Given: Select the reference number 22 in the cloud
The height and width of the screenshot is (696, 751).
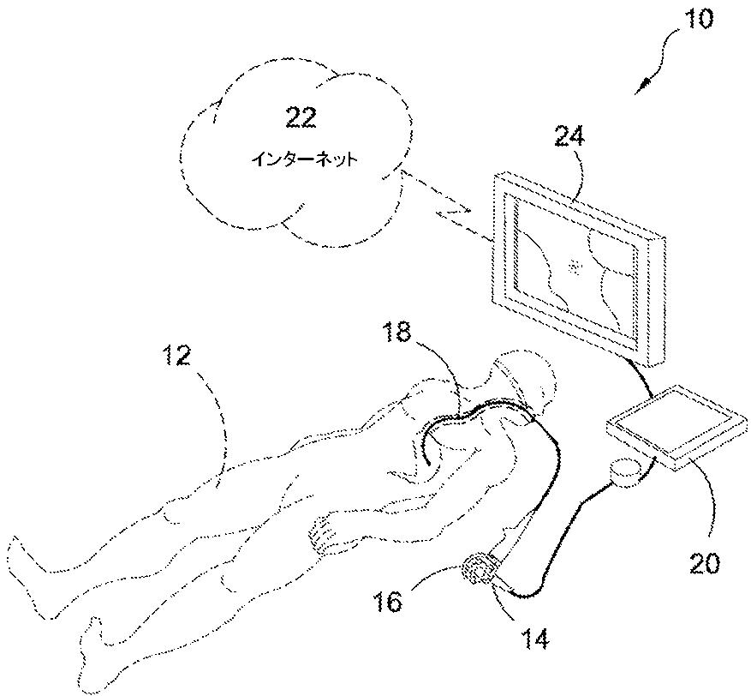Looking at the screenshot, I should pyautogui.click(x=301, y=119).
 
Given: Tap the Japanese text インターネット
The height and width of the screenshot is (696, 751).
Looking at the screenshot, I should pyautogui.click(x=301, y=159).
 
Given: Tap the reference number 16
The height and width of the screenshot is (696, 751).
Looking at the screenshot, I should pyautogui.click(x=388, y=601).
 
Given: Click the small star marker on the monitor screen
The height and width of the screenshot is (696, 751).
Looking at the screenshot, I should pyautogui.click(x=575, y=267).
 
